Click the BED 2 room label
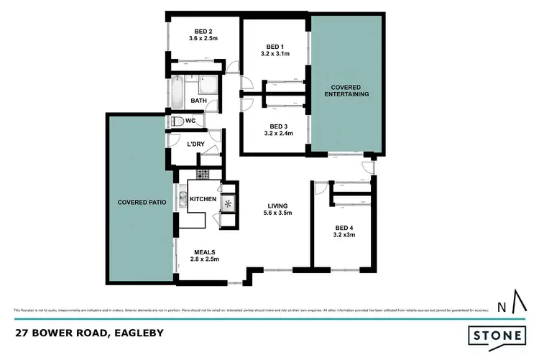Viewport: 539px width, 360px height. pos(203,31)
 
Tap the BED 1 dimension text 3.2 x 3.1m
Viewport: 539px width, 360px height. pos(275,54)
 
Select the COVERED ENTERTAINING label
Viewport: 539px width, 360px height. pos(346,90)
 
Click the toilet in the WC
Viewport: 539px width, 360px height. pos(178,121)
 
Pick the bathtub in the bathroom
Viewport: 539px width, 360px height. pos(177,91)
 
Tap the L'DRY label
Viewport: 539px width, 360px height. pos(197,144)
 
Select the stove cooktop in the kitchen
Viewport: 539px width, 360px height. pos(203,174)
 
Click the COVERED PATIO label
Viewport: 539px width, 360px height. pos(142,203)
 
